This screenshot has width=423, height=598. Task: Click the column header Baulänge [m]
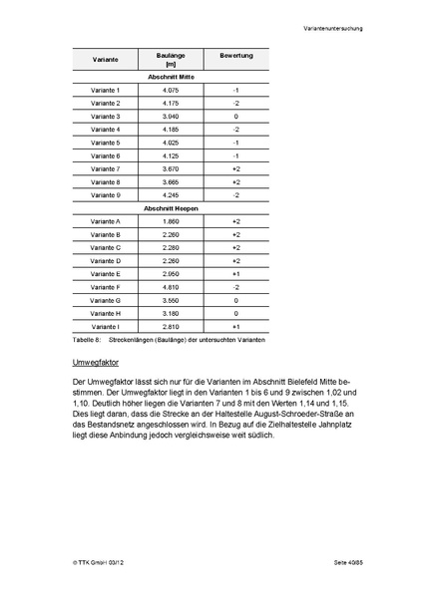tap(171, 59)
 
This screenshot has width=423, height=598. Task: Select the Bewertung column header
tap(236, 55)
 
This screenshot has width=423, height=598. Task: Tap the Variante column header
tap(106, 59)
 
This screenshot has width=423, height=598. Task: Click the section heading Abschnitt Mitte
tap(171, 77)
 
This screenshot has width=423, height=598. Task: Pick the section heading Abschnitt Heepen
tap(171, 208)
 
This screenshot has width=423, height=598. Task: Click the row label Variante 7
tap(106, 168)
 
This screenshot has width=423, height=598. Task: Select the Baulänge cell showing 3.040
tap(171, 117)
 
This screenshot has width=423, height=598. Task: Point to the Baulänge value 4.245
tap(171, 195)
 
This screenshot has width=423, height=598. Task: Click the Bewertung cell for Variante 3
tap(236, 117)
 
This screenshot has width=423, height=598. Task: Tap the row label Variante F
tap(106, 287)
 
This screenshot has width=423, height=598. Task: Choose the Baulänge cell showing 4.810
tap(171, 287)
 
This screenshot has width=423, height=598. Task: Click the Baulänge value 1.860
tap(171, 221)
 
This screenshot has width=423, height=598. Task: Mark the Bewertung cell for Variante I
tap(236, 326)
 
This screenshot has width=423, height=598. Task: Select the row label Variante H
tap(106, 313)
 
